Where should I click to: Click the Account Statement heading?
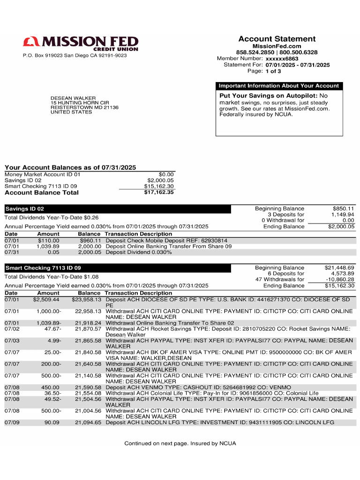tap(277, 39)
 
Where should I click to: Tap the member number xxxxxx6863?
tap(282, 59)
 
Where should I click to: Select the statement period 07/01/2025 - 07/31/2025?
tap(298, 65)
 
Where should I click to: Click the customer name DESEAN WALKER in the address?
tap(73, 98)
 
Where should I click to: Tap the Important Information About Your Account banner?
tap(279, 86)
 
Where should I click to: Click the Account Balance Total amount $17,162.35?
tap(159, 193)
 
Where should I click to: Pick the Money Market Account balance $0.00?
tap(166, 174)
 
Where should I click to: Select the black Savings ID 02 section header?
tap(117, 209)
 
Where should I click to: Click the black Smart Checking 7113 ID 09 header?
tap(117, 268)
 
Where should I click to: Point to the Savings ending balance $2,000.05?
tap(341, 227)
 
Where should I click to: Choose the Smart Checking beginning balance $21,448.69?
tap(339, 268)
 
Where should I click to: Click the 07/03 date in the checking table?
tap(12, 341)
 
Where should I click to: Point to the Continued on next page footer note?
tap(180, 443)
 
